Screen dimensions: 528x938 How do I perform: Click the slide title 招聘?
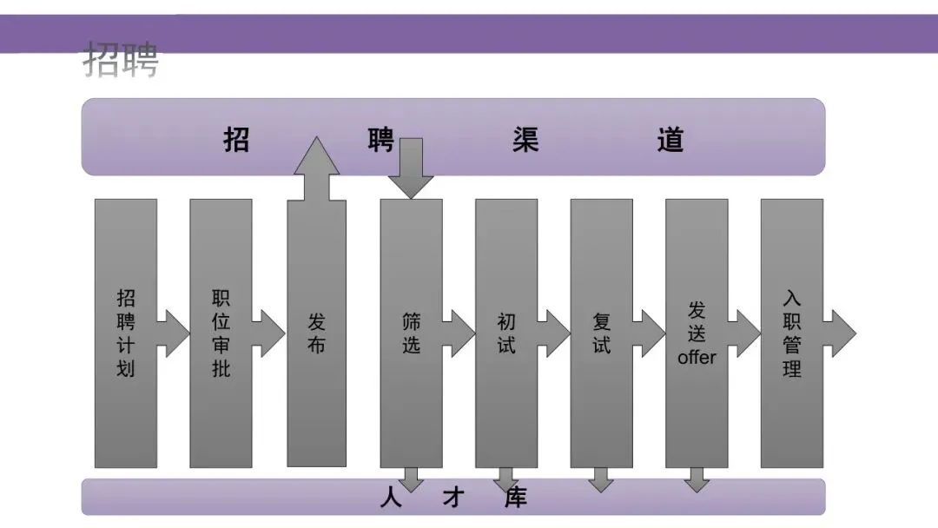tap(122, 60)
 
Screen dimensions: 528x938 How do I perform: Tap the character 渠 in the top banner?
tap(525, 140)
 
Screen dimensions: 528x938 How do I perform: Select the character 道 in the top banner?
tap(670, 140)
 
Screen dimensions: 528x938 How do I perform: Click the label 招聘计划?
tap(126, 333)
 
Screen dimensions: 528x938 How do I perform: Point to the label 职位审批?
tap(221, 333)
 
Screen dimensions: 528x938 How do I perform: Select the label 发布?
tap(317, 333)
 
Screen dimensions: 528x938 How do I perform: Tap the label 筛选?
tap(411, 333)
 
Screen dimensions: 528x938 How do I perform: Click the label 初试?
tap(506, 333)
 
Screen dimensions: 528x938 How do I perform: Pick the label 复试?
tap(601, 333)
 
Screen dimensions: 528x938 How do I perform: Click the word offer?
tap(697, 357)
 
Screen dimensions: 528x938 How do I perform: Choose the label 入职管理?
tap(791, 333)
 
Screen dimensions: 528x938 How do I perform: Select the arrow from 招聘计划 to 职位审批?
tap(174, 333)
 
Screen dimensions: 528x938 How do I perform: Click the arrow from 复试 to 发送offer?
tap(650, 333)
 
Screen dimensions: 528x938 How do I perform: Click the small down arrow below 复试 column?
tap(600, 480)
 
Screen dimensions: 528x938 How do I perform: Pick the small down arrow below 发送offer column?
tap(696, 480)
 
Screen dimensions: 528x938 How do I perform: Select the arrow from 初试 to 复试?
tap(554, 333)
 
